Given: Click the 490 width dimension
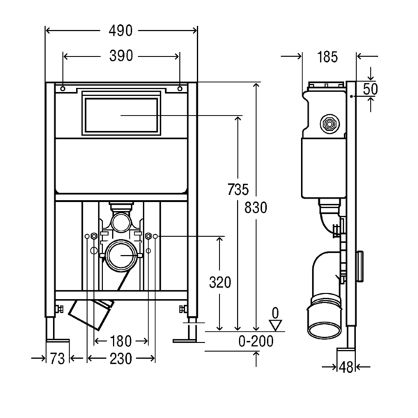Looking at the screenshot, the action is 121,31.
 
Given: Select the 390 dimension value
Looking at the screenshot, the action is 121,56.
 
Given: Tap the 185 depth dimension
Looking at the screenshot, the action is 327,57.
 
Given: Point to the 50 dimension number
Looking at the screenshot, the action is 371,89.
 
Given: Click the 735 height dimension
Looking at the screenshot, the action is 238,189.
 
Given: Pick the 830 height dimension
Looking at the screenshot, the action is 256,208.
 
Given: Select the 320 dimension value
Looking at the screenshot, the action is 220,283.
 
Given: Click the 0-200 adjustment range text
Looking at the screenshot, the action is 256,341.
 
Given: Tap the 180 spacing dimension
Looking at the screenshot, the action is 121,341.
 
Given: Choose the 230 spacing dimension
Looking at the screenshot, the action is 121,359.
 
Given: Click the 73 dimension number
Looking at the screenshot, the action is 57,359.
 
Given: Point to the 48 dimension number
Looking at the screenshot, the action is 346,367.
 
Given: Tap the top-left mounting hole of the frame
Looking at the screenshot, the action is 63,88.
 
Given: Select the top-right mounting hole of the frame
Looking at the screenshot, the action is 180,88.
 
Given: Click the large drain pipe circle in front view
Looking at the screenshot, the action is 121,255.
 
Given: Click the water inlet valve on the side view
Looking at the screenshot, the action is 330,124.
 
